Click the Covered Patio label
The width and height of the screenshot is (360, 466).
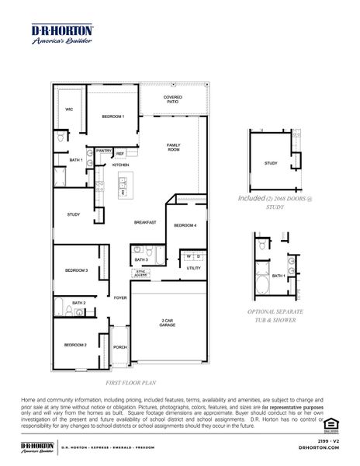[x=172, y=100]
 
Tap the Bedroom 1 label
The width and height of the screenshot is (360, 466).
[x=113, y=116]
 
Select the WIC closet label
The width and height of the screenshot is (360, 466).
[x=69, y=110]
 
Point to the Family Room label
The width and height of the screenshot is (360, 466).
[x=173, y=147]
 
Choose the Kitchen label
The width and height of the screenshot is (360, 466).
[x=120, y=165]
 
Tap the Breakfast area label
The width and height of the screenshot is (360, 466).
[x=145, y=223]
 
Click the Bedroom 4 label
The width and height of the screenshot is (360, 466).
[x=185, y=225]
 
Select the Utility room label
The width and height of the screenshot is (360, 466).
[x=193, y=268]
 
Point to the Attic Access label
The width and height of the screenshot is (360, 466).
[x=140, y=273]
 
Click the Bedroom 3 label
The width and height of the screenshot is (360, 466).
[x=76, y=270]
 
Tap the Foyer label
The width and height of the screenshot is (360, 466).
[x=120, y=297]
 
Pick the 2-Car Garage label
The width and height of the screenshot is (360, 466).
[x=168, y=323]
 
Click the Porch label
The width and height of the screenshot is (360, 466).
[x=120, y=347]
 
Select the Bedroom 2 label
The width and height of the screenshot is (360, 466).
[x=75, y=344]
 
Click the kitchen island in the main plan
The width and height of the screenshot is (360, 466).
[x=123, y=186]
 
